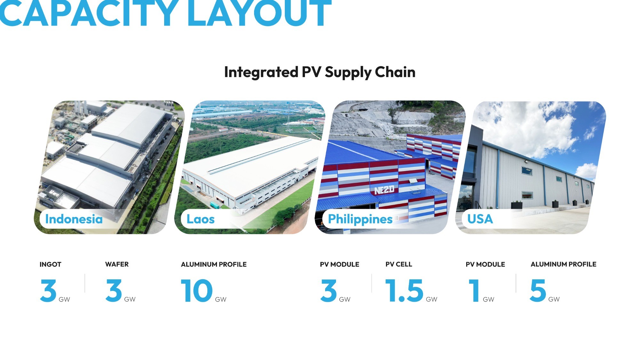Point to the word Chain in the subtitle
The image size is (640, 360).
395,72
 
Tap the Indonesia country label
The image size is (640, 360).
74,219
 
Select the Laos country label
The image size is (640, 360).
201,219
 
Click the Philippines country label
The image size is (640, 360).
360,220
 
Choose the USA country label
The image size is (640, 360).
480,219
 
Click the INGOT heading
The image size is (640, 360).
50,264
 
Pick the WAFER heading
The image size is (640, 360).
117,264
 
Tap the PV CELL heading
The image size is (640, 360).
399,264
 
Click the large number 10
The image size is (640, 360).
196,291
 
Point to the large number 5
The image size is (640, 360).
538,291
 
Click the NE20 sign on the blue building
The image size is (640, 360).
384,190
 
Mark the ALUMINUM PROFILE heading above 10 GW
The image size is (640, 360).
214,264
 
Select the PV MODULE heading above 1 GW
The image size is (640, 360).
485,264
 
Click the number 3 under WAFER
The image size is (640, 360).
114,291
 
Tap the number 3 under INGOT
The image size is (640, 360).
48,291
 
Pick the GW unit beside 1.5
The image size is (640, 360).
431,300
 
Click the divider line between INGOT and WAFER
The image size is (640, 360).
85,283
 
